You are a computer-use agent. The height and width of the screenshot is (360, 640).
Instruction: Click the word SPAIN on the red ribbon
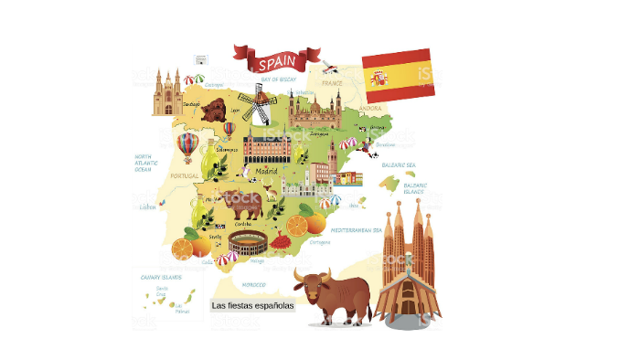(276, 64)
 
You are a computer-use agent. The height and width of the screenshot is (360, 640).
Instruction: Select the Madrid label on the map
(266, 171)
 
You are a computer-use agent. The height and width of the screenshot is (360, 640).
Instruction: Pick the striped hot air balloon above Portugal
(187, 145)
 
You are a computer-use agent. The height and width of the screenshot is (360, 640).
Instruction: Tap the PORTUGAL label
(185, 175)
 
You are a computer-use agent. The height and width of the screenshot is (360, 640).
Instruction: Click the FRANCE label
(331, 83)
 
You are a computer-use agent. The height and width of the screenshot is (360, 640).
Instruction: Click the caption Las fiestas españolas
(252, 306)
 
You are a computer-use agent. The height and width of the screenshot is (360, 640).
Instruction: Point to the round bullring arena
(248, 243)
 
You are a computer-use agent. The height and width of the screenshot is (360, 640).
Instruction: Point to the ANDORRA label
(371, 108)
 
